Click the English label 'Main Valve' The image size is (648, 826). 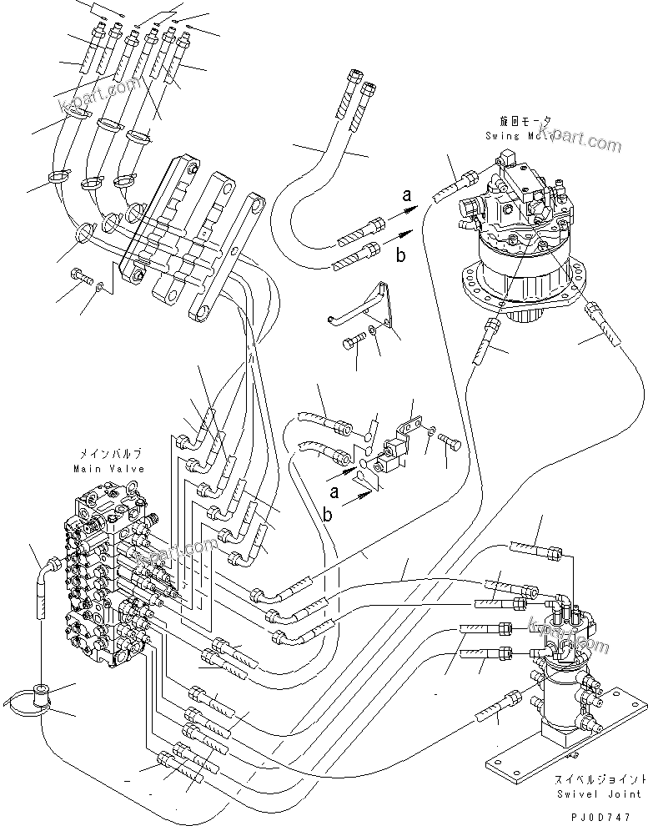110,470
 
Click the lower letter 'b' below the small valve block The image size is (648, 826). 328,514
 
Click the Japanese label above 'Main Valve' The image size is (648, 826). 110,455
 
